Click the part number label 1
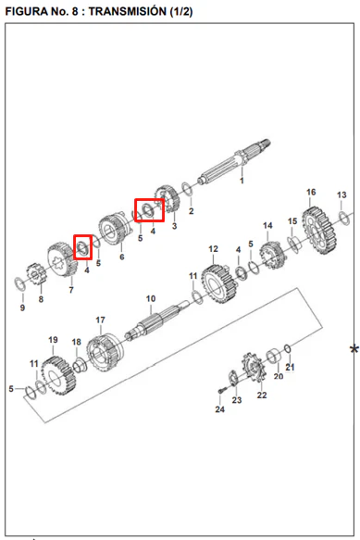tap(242, 181)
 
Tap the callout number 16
tap(311, 192)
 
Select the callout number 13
tap(341, 195)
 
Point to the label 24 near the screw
tap(219, 409)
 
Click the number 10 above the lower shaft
tap(151, 298)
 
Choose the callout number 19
tap(53, 340)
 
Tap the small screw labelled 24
tap(221, 391)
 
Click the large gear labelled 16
tap(318, 230)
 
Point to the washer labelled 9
tap(20, 283)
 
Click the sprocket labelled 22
tap(253, 369)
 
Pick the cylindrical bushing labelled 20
tap(274, 357)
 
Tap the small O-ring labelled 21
tap(288, 348)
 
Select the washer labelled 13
tap(344, 219)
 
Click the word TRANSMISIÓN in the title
tap(128, 11)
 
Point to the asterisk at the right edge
tap(354, 349)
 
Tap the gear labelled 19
tap(57, 376)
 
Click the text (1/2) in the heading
tap(181, 11)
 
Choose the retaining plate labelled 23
tap(234, 378)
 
